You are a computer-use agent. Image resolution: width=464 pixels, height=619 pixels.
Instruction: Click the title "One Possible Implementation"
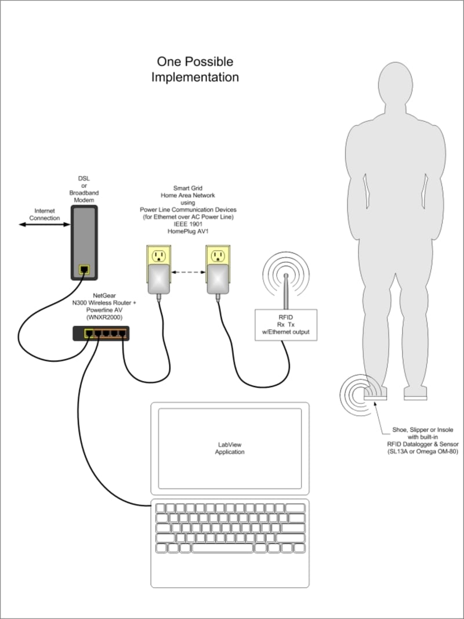pos(195,69)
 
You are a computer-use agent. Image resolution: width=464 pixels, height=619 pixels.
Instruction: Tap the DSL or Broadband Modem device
pos(84,243)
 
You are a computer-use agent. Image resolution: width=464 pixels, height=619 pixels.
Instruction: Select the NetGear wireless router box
pos(101,333)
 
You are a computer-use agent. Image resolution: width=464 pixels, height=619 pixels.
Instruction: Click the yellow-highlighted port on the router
pos(89,333)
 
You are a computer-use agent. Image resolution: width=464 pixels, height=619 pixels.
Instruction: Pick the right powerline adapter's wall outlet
pos(217,256)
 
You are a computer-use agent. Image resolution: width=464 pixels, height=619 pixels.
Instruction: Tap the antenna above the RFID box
pos(286,290)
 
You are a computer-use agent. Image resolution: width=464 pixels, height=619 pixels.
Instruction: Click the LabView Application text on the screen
pos(230,448)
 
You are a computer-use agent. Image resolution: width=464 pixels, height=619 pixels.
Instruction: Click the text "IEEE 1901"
pos(188,223)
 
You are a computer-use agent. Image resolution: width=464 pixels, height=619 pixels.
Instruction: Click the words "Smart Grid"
pos(188,189)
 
